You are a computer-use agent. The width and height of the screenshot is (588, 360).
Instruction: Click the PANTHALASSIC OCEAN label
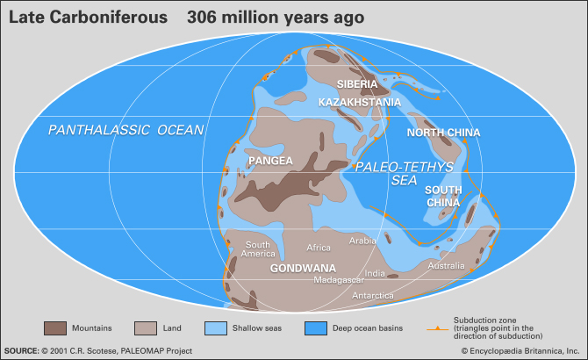[125, 130]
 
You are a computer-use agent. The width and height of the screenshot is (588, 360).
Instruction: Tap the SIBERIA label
[358, 84]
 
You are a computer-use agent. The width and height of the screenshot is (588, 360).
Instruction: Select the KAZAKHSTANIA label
[359, 103]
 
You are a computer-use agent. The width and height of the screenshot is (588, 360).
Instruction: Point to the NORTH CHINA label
[443, 133]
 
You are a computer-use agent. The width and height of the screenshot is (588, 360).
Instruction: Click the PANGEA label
[270, 162]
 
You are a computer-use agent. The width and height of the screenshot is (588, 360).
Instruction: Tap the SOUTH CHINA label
[442, 196]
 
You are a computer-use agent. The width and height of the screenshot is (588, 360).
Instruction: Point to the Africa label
[318, 248]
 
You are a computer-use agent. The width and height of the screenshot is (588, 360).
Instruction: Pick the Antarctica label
[372, 296]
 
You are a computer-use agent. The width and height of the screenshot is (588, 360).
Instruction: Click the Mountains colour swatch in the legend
[55, 328]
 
